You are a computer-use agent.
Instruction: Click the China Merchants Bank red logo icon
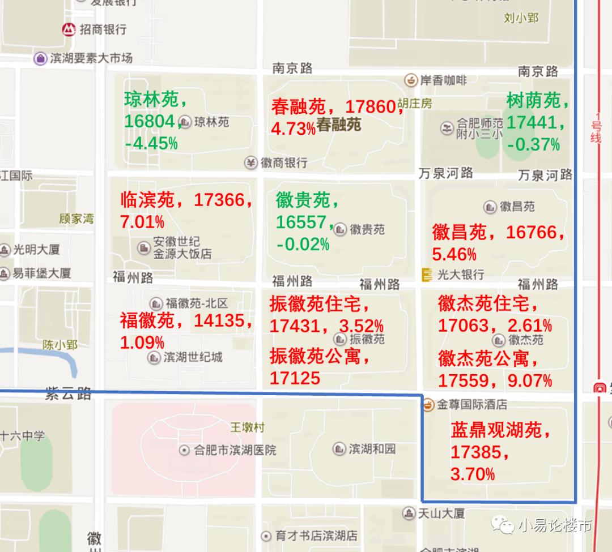pyautogui.click(x=69, y=29)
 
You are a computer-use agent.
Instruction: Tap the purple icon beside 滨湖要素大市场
pyautogui.click(x=40, y=58)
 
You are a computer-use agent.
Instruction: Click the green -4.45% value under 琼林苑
pyautogui.click(x=151, y=143)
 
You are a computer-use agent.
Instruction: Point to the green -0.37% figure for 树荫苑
pyautogui.click(x=533, y=144)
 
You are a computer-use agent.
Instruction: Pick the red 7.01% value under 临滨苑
pyautogui.click(x=142, y=221)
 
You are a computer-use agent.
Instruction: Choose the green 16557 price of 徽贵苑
pyautogui.click(x=301, y=222)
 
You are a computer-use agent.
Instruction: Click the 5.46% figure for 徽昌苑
pyautogui.click(x=454, y=253)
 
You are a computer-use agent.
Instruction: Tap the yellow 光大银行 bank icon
pyautogui.click(x=427, y=275)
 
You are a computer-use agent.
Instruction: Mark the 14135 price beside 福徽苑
pyautogui.click(x=220, y=321)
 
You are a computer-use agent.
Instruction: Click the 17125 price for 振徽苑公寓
pyautogui.click(x=295, y=378)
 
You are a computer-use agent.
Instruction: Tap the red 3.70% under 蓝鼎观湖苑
pyautogui.click(x=473, y=473)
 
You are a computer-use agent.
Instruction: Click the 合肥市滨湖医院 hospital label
pyautogui.click(x=235, y=451)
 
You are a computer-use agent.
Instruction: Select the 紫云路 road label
pyautogui.click(x=68, y=394)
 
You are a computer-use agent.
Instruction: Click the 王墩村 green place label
pyautogui.click(x=247, y=427)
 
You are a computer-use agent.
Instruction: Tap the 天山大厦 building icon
pyautogui.click(x=409, y=514)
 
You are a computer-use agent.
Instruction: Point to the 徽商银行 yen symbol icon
pyautogui.click(x=251, y=163)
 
